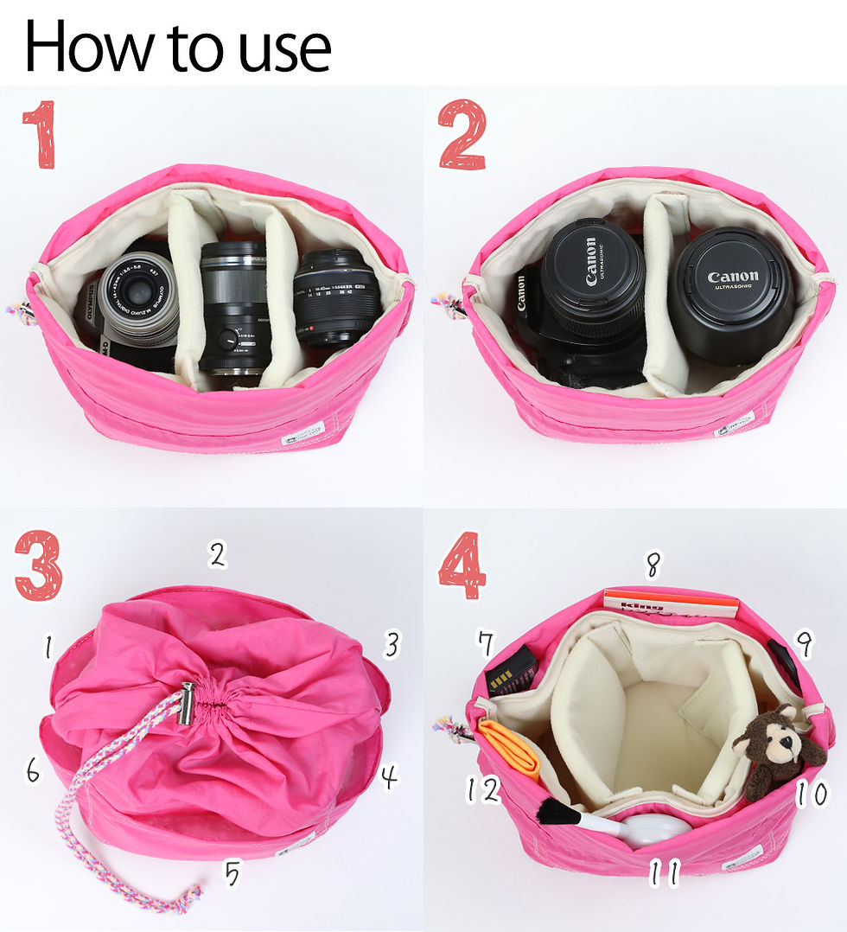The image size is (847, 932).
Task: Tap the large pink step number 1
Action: coord(40,135)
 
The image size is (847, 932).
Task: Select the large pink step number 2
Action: coord(462,135)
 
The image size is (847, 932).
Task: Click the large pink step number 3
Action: coord(38,566)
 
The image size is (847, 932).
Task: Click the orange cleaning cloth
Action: coord(510,747)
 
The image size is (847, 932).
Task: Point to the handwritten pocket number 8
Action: coord(653,565)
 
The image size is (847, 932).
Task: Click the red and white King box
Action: coord(671,603)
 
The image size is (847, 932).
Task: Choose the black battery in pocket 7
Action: coord(510,671)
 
